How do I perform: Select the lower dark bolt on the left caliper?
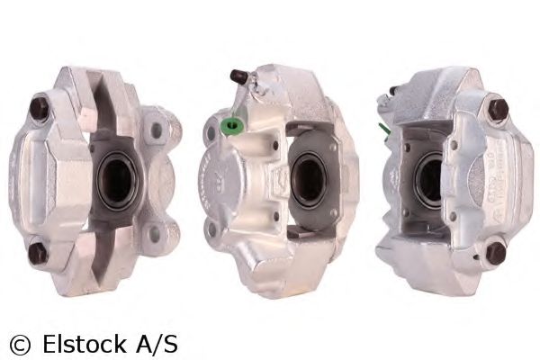click(37, 253)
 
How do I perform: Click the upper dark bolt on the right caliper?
click(498, 109)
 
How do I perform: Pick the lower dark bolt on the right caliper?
click(496, 253)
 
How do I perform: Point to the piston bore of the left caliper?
click(117, 181)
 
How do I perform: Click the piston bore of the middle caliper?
click(309, 180)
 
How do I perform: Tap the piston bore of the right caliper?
click(429, 181)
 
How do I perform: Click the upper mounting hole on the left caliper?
click(157, 130)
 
